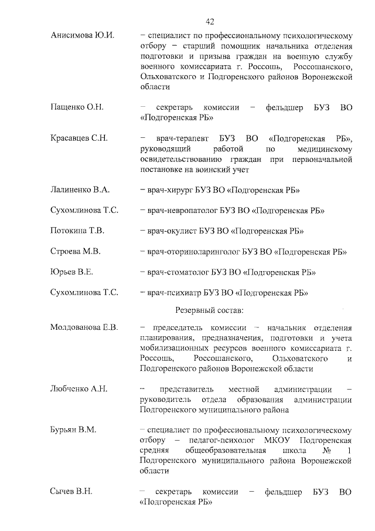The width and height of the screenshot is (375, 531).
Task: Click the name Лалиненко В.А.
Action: click(80, 190)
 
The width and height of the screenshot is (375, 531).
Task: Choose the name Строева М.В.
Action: click(76, 252)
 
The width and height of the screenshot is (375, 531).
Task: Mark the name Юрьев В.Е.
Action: click(73, 272)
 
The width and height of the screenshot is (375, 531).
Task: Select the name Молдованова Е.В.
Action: click(84, 327)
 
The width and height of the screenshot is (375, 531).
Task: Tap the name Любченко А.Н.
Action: click(79, 390)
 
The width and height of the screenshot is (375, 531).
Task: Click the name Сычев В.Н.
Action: click(72, 491)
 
